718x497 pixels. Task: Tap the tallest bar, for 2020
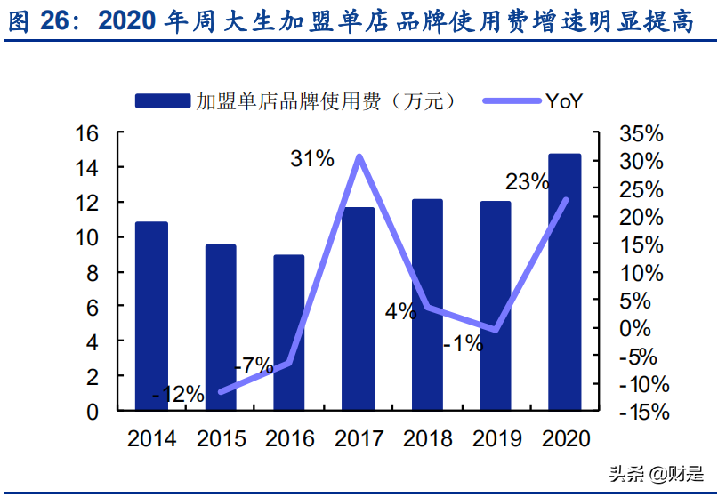pos(564,282)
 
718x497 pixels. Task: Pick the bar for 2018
pos(426,304)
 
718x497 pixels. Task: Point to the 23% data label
pos(527,182)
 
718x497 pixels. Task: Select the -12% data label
pos(178,393)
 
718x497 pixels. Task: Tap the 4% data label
pos(400,311)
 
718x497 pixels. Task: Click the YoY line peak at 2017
pos(359,157)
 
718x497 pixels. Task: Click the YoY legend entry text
pos(562,101)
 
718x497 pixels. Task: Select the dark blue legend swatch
pos(162,101)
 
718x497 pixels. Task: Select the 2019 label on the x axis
pos(496,438)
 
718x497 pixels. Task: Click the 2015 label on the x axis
pos(220,438)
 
